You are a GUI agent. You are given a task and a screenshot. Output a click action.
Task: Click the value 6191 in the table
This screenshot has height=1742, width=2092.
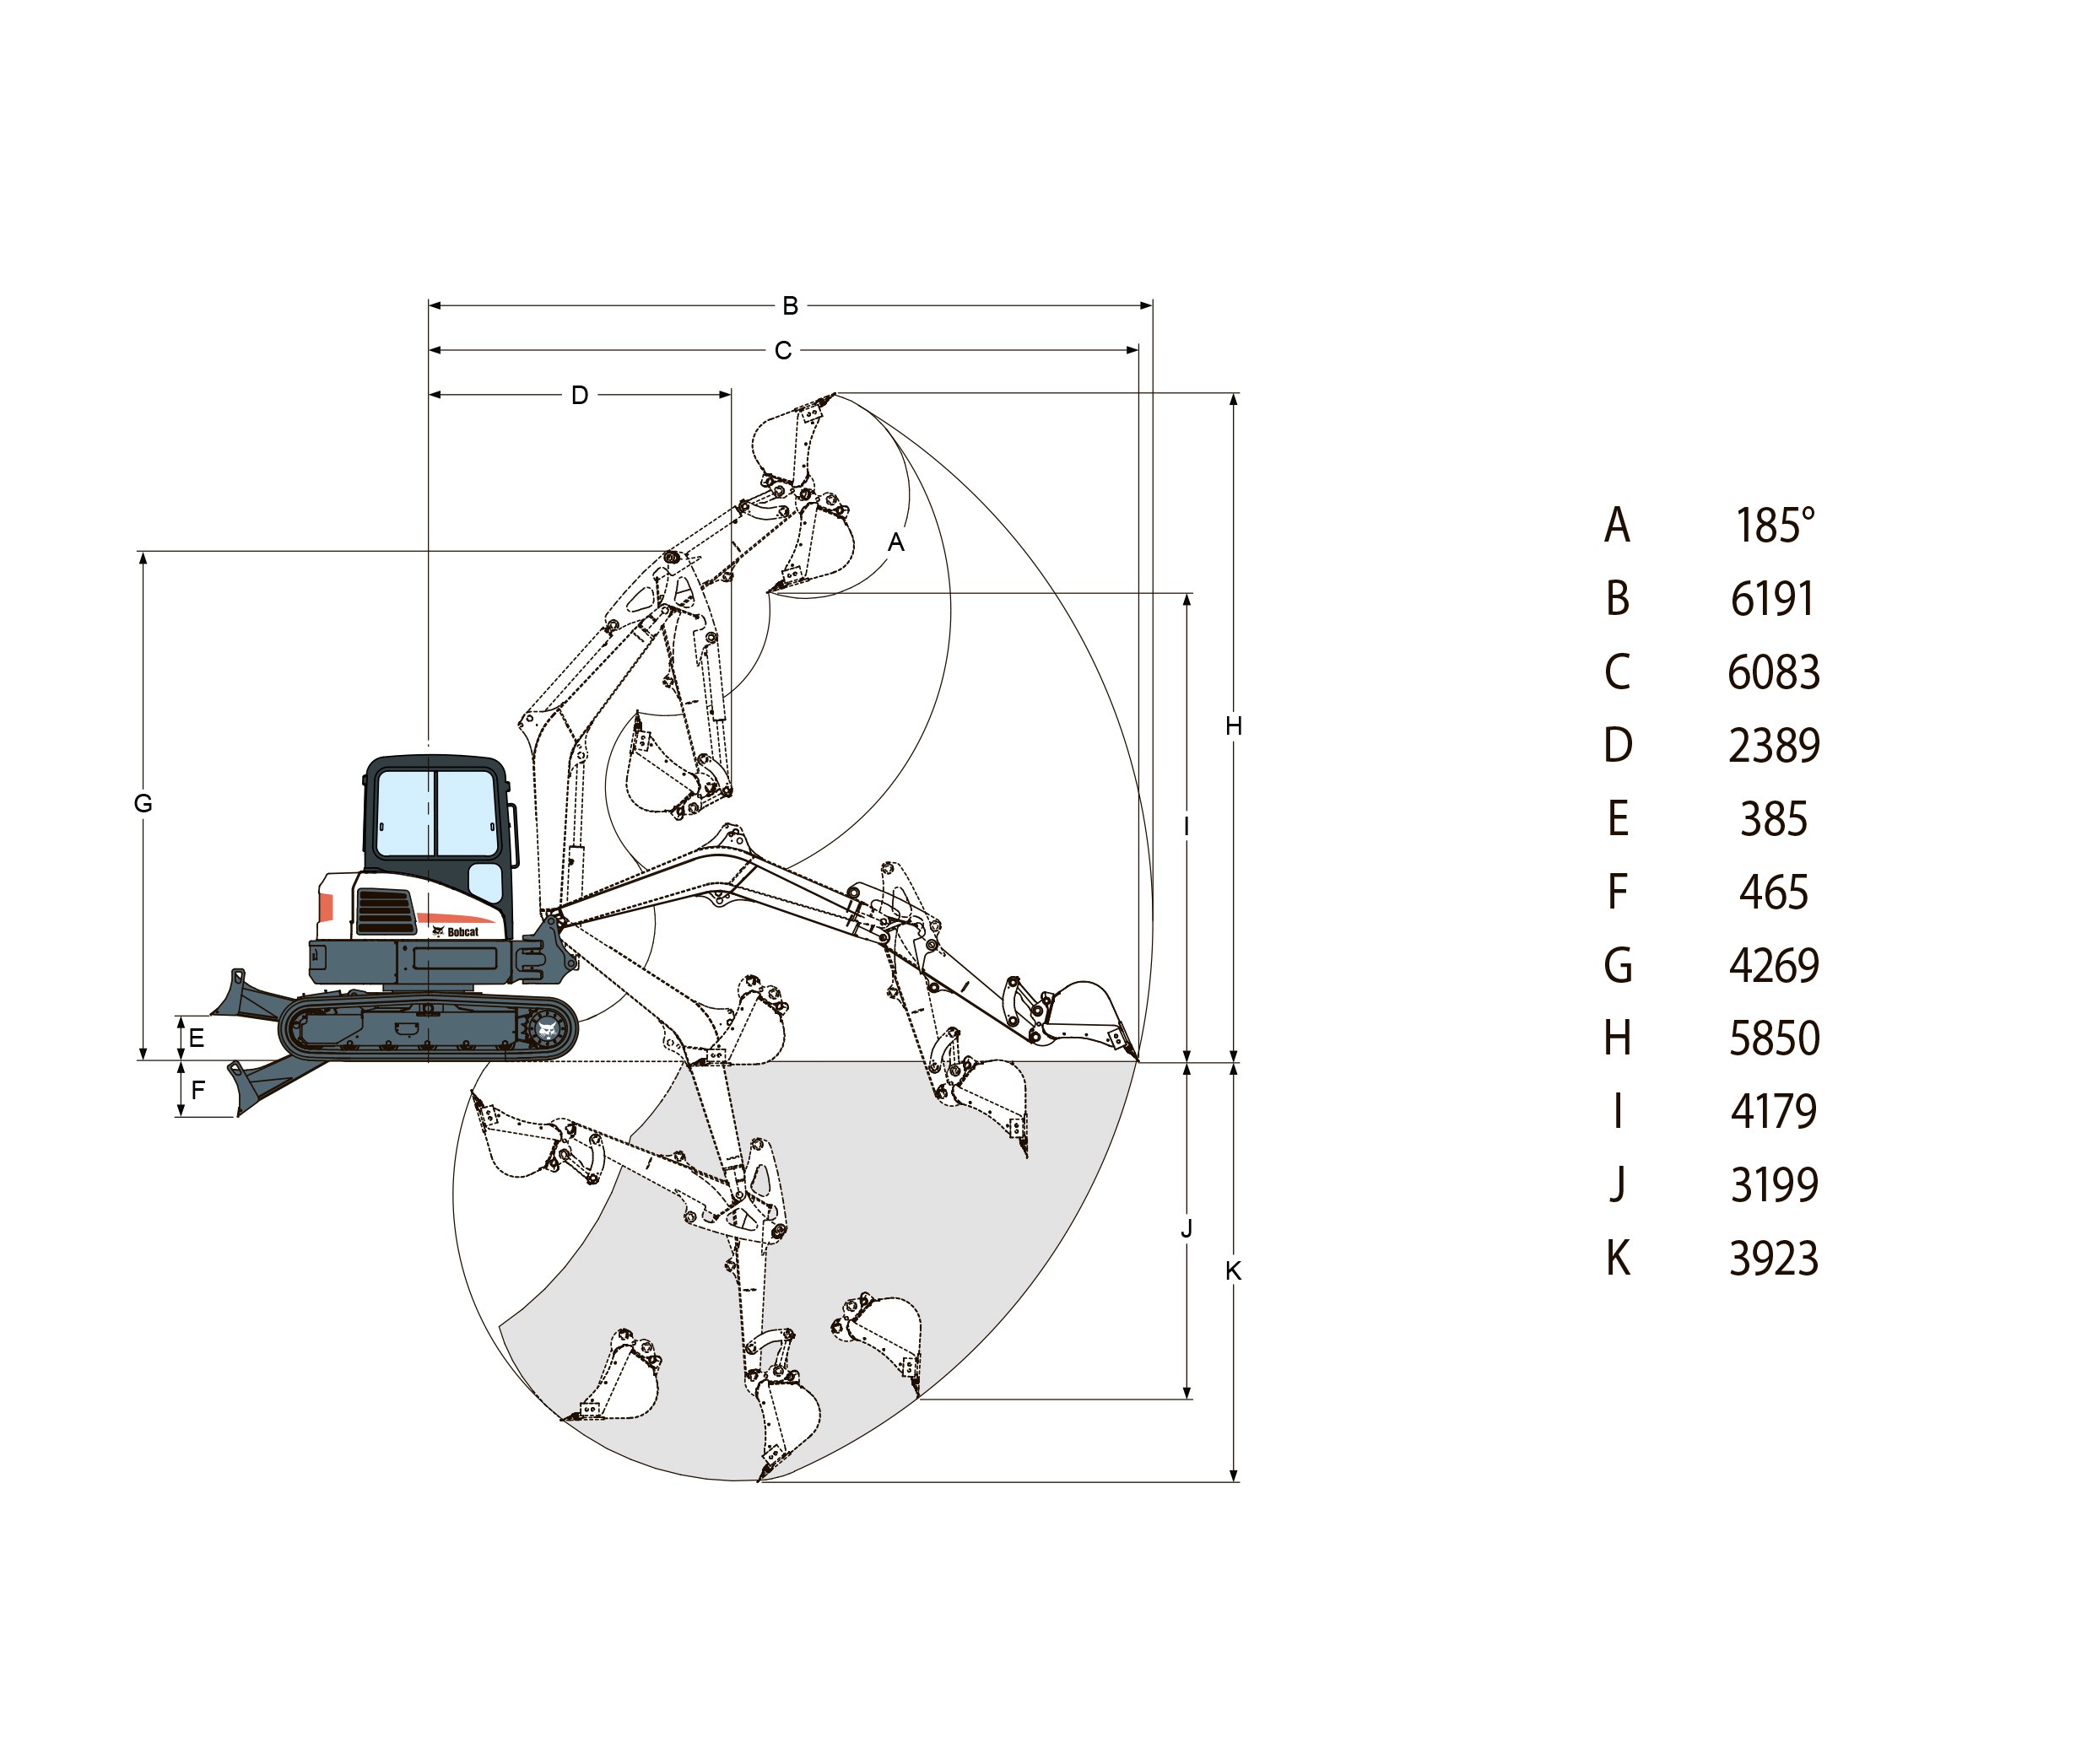coord(1772,599)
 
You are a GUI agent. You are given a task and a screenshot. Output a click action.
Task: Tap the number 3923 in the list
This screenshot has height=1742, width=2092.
coord(1773,1258)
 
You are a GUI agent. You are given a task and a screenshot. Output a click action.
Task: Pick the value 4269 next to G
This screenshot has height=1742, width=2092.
coord(1774,965)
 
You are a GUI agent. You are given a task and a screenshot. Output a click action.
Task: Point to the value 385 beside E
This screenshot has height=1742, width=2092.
coord(1773,819)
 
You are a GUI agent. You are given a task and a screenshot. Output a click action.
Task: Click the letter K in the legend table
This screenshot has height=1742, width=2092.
coord(1618,1258)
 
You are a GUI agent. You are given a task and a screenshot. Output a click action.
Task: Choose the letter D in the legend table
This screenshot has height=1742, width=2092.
coord(1618,745)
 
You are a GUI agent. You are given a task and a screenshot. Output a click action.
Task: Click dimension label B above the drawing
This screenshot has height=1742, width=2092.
coord(790,305)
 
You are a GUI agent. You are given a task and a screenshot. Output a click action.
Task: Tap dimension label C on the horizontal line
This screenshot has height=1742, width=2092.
coord(783,351)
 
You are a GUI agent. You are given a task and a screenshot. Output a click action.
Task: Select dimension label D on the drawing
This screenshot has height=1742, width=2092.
coord(580,396)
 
